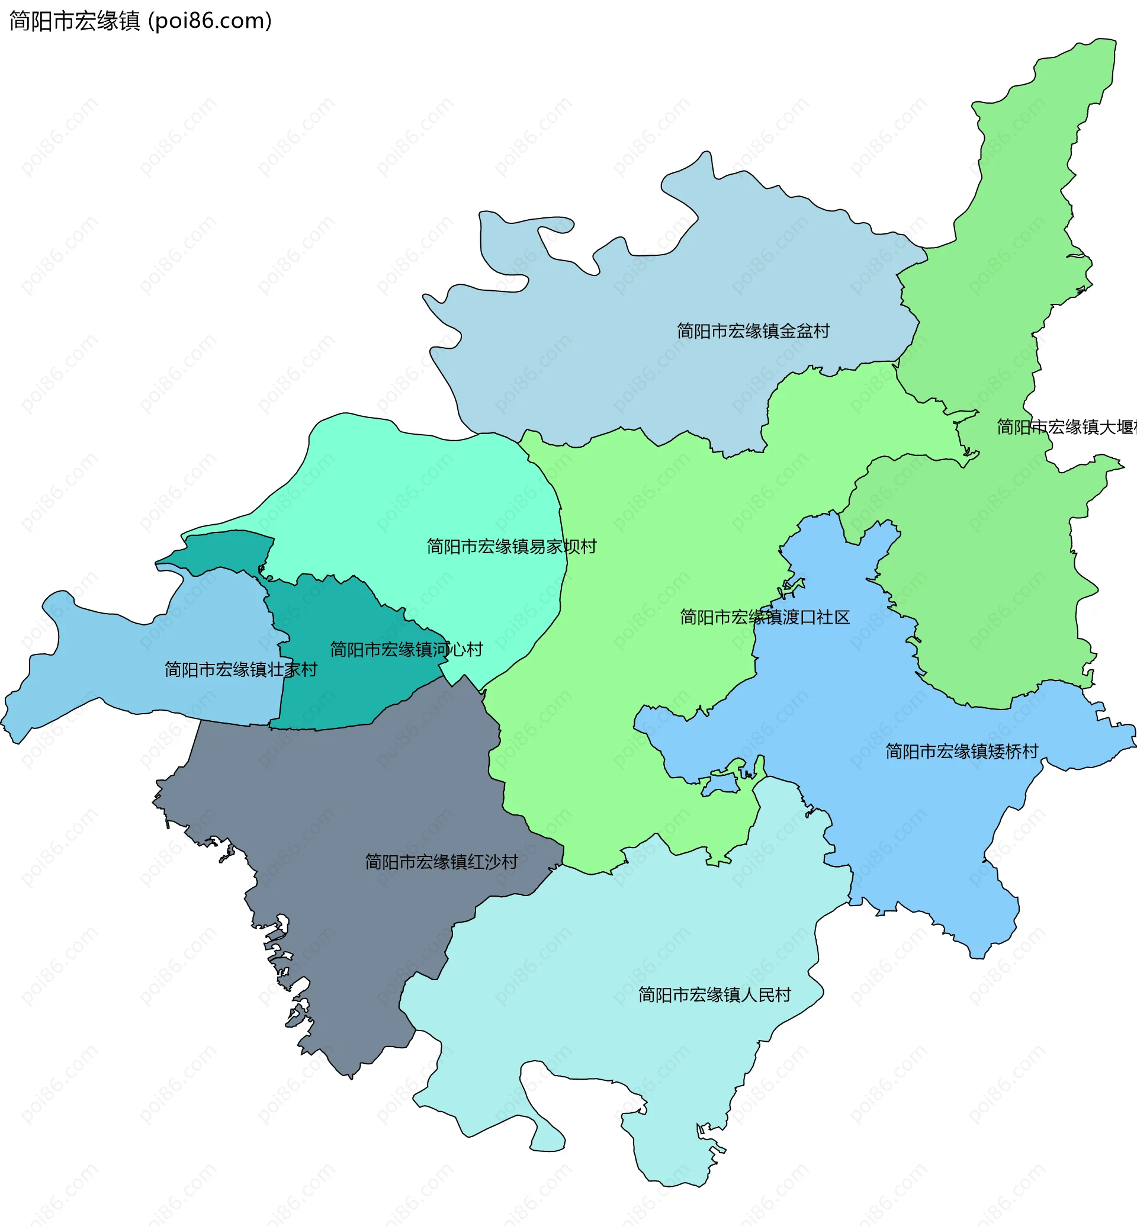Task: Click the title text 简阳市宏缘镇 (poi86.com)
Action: (140, 21)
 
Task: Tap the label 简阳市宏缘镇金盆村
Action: (753, 331)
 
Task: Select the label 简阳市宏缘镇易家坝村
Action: (511, 546)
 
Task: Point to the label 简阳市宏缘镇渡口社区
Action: (765, 617)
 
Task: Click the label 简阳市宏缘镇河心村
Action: (406, 649)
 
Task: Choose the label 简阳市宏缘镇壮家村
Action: (240, 669)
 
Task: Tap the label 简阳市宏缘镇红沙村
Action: (441, 862)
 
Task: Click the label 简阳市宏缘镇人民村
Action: (714, 994)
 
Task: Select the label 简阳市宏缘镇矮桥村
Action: (962, 751)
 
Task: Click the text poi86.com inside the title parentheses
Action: (209, 21)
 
